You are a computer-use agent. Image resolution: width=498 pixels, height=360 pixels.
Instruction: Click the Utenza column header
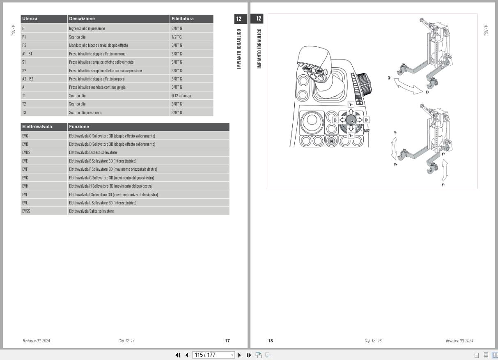tap(30, 19)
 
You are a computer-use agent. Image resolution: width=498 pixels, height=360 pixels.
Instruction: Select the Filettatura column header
tap(183, 19)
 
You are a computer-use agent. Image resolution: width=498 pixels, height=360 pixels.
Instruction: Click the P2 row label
tap(24, 45)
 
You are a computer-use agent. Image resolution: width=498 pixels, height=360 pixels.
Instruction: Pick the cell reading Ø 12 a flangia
tap(181, 96)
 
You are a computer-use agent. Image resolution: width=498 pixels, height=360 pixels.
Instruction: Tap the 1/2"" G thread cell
tap(177, 37)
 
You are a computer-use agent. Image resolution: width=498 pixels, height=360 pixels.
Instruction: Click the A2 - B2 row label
tap(28, 79)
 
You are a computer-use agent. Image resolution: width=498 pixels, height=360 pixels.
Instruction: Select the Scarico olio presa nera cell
tap(85, 112)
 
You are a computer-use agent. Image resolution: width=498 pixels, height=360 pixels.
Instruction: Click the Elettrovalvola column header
tap(37, 126)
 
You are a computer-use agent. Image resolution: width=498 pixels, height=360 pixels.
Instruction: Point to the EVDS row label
tap(26, 152)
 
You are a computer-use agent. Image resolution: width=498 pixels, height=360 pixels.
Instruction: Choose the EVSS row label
tap(26, 211)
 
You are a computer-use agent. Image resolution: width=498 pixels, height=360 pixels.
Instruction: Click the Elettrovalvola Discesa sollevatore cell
tap(93, 152)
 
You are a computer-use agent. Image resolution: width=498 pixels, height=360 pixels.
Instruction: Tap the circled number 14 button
tap(331, 141)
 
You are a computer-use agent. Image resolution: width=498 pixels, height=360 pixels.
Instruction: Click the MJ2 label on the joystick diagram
tap(367, 131)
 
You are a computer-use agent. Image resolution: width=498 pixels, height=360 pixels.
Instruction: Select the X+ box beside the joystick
tap(367, 120)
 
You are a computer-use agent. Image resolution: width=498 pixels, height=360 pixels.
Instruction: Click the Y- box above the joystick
tap(351, 104)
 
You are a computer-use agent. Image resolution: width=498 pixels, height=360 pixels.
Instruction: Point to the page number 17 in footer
tap(227, 341)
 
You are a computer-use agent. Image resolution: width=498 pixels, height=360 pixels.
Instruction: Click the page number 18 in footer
tap(270, 341)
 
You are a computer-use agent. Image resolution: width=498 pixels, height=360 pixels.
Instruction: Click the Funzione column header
tap(79, 126)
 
